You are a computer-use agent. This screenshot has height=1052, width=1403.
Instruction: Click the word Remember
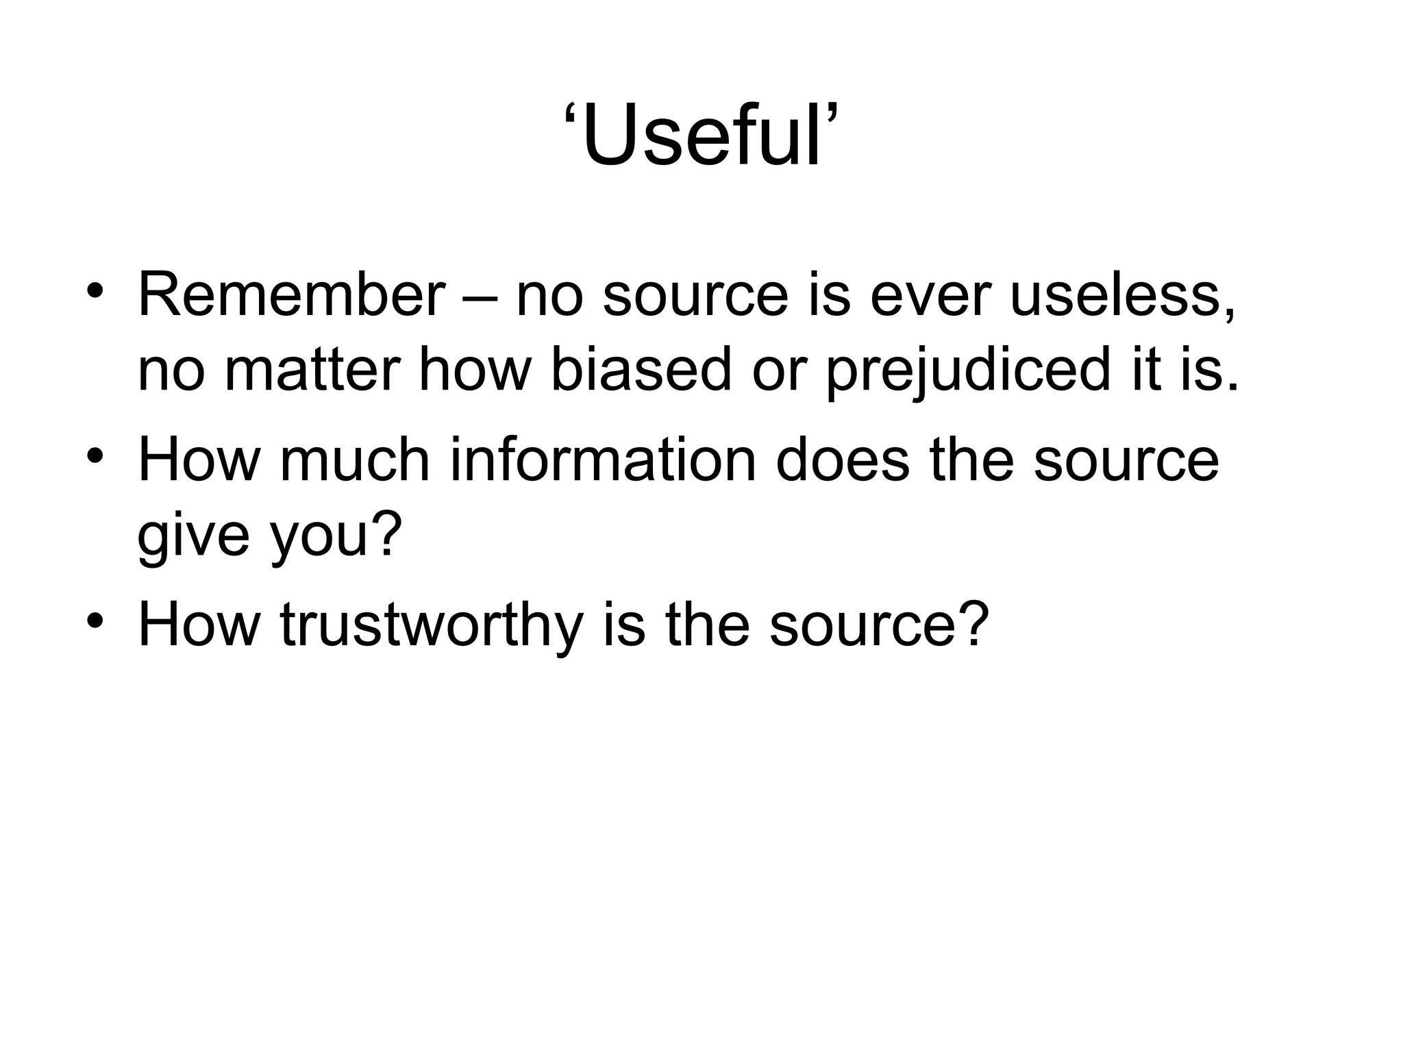290,295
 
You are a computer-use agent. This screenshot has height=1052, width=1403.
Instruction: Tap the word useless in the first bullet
1123,295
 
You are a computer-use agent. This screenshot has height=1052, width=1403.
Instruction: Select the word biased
641,371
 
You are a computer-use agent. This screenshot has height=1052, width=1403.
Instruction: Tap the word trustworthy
431,625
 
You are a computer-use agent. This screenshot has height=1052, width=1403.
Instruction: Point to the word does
843,460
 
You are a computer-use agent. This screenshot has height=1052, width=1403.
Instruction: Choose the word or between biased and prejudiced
778,371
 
